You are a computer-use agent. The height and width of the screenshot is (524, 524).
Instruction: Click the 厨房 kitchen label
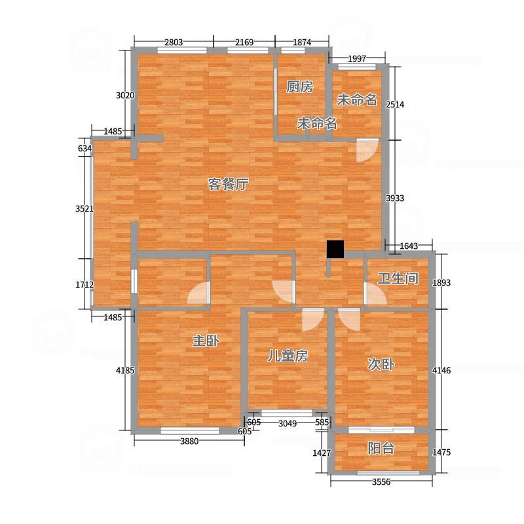(x=299, y=87)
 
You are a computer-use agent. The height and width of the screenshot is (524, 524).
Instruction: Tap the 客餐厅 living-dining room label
(x=228, y=184)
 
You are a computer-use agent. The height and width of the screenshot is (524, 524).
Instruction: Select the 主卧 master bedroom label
(x=206, y=341)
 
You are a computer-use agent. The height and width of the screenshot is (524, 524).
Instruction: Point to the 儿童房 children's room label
(x=288, y=356)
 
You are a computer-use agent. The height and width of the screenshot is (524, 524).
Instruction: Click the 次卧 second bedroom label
(x=381, y=364)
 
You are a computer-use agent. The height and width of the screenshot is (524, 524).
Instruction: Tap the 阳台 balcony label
(x=381, y=448)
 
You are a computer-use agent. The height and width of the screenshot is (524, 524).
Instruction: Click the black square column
(x=335, y=249)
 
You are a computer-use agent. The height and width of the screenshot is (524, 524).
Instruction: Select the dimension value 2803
(x=174, y=43)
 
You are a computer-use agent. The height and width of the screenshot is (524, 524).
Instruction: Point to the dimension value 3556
(x=381, y=481)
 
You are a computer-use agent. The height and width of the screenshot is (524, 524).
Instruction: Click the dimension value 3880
(x=189, y=441)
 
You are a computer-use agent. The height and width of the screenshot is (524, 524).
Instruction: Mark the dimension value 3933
(x=395, y=198)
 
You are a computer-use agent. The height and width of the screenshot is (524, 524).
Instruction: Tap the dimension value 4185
(x=125, y=370)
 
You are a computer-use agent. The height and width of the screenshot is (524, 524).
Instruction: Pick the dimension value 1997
(x=357, y=59)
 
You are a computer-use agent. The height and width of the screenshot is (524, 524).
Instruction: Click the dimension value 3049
(x=288, y=423)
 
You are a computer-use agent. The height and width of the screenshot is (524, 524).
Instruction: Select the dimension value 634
(x=84, y=148)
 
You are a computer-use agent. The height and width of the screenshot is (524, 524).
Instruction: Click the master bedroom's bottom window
(x=190, y=431)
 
